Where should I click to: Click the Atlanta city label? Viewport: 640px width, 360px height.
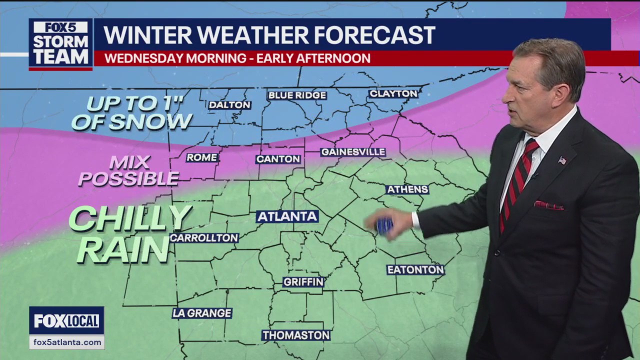287,216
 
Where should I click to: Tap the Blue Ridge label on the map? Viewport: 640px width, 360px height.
297,95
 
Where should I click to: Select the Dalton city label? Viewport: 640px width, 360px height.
229,105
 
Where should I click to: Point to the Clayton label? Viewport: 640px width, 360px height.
393,93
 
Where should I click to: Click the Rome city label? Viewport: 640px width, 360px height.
202,157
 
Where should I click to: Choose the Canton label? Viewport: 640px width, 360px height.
278,159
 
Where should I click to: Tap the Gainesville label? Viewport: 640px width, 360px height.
353,151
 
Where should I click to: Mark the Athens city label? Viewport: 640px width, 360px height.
407,189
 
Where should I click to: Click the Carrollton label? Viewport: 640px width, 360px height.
204,238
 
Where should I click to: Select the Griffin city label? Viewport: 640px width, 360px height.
303,282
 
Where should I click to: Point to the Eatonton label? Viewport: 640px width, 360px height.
415,270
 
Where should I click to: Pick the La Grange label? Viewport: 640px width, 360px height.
202,313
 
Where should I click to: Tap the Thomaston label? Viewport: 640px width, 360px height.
296,335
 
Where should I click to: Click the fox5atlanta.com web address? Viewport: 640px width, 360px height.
66,342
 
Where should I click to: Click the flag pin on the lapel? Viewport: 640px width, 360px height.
562,160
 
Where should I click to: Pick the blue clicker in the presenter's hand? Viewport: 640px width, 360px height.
384,226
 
